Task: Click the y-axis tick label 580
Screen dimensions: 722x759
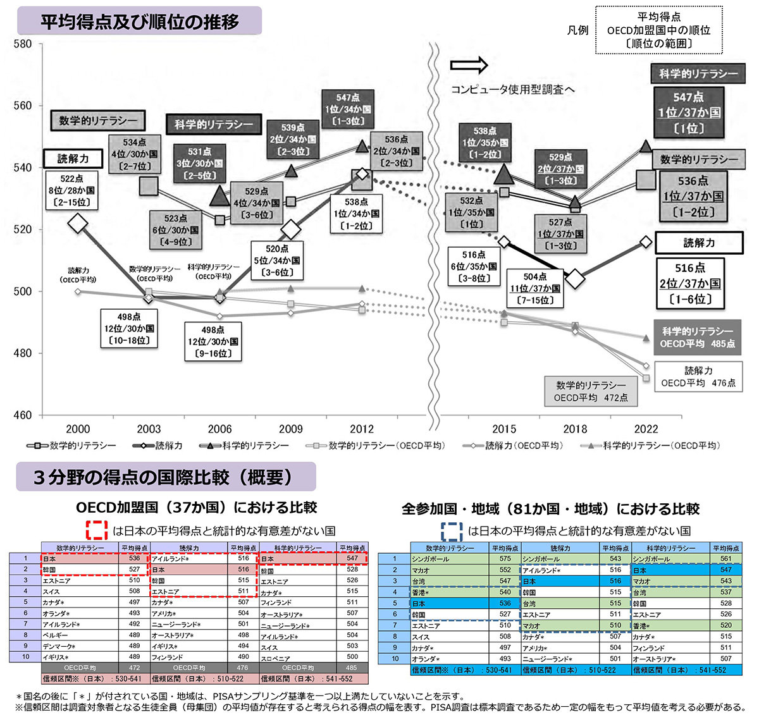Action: click(22, 44)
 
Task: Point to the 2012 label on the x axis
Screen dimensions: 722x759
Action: click(361, 429)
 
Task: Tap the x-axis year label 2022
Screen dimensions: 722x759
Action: click(646, 429)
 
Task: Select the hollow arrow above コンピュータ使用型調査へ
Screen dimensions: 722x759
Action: click(469, 64)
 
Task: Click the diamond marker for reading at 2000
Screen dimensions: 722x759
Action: click(78, 223)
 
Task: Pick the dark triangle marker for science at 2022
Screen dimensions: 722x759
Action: click(646, 145)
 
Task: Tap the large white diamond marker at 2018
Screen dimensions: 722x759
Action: click(575, 278)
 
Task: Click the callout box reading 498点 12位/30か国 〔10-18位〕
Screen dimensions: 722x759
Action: click(129, 328)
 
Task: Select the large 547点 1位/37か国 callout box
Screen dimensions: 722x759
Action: click(689, 113)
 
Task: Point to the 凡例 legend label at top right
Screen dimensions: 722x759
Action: click(577, 30)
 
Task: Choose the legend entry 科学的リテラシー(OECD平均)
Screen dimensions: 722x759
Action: click(651, 446)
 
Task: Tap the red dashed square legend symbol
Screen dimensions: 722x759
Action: click(97, 530)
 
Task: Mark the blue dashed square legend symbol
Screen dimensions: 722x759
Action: click(452, 530)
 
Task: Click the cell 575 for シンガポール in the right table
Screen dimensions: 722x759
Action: click(505, 559)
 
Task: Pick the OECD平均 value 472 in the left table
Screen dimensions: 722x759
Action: click(134, 668)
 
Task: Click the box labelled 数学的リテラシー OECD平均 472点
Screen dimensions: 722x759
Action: click(591, 391)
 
